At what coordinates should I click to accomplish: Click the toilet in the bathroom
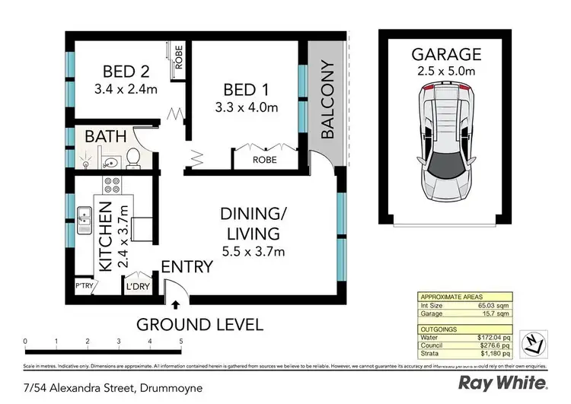click(x=132, y=157)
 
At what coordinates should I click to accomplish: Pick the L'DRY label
click(x=138, y=287)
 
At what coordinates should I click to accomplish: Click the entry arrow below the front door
click(x=176, y=306)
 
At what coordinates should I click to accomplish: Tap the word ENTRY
click(x=186, y=267)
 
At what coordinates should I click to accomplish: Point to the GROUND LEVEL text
click(x=199, y=325)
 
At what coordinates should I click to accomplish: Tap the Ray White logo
click(x=503, y=382)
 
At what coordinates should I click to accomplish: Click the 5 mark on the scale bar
click(x=181, y=341)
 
